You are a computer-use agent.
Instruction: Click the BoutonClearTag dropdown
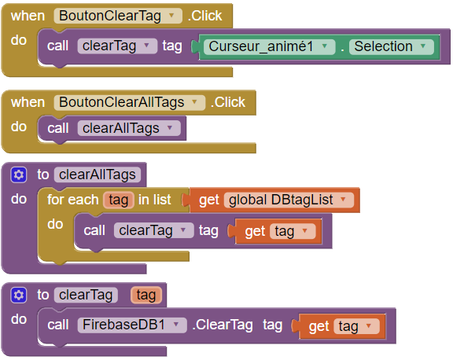pos(118,16)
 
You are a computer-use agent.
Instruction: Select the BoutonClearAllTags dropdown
pos(130,102)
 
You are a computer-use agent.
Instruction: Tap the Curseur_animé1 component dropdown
pos(269,46)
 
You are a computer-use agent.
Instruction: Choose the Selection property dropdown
pos(392,46)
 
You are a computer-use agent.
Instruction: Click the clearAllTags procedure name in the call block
pos(129,128)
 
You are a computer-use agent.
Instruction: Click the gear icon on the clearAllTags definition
pos(19,174)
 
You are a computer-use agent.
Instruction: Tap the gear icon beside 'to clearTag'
pos(19,295)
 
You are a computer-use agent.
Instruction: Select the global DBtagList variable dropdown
pos(289,200)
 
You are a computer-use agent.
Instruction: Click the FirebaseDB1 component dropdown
pos(132,325)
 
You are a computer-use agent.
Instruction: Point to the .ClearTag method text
pos(223,325)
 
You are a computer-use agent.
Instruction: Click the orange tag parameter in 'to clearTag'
pos(146,295)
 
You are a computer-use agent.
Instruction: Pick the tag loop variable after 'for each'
pos(119,200)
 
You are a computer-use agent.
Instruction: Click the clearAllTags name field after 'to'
pos(98,174)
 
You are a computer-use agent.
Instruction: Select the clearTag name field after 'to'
pos(86,295)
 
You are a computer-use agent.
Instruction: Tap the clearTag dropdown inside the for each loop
pos(153,230)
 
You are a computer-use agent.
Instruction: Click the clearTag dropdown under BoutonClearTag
pos(117,46)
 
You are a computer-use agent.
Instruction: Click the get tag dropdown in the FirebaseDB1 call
pos(356,326)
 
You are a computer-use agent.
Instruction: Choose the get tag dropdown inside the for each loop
pos(293,231)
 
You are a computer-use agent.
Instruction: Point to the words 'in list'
pos(155,200)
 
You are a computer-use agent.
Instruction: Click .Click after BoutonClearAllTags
pos(228,102)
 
